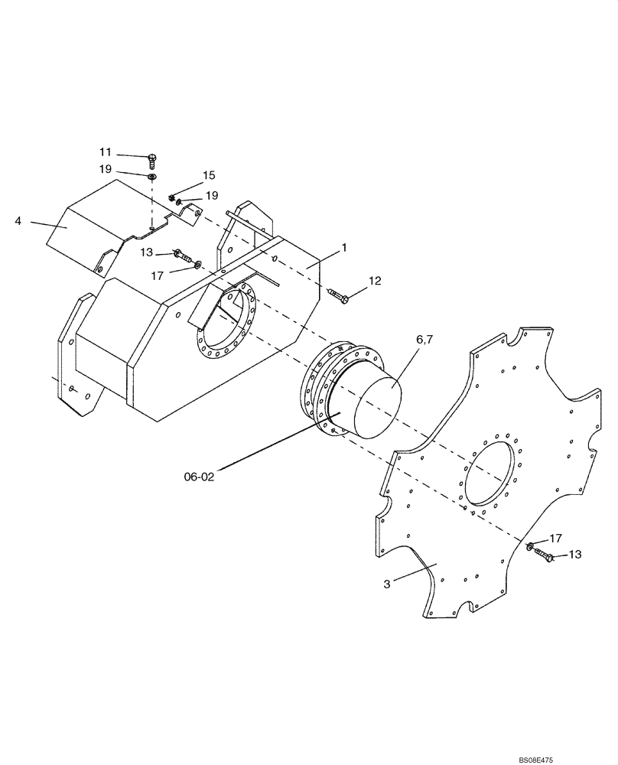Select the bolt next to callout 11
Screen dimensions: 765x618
pyautogui.click(x=153, y=159)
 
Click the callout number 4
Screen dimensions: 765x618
pyautogui.click(x=18, y=222)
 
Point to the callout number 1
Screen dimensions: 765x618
pyautogui.click(x=344, y=247)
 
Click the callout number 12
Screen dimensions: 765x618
pyautogui.click(x=374, y=281)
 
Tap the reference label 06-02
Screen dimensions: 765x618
pyautogui.click(x=198, y=476)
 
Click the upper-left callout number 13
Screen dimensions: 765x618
pyautogui.click(x=147, y=252)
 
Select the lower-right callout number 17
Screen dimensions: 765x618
pyautogui.click(x=555, y=539)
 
